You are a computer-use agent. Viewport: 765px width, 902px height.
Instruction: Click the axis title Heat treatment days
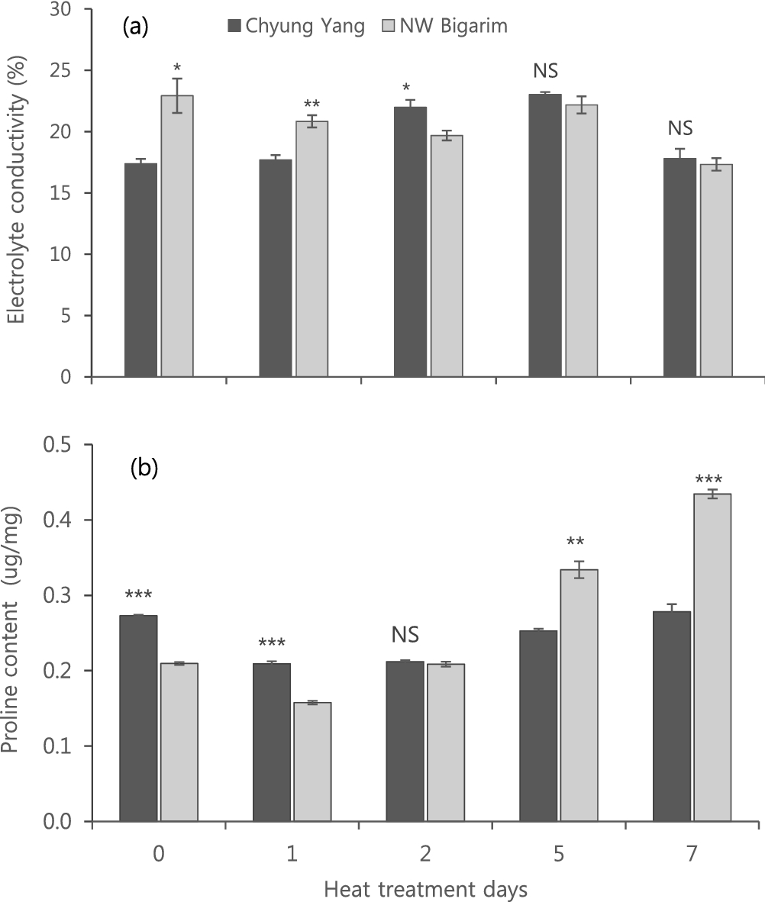[424, 889]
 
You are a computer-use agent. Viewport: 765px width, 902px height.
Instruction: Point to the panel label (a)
[135, 27]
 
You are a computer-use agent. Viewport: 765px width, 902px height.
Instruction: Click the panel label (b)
[144, 467]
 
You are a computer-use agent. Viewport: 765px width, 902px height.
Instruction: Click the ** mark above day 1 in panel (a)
[311, 105]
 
